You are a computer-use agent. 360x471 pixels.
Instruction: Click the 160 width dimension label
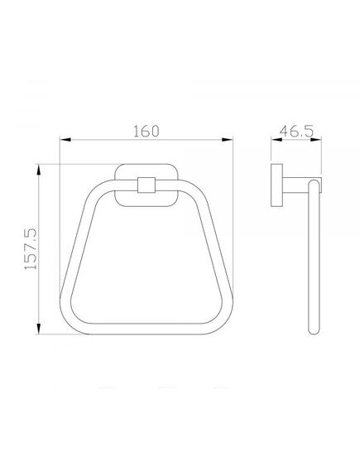click(146, 132)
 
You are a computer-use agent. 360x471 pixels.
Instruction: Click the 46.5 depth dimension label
click(296, 132)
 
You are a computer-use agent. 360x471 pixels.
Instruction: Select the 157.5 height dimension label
click(31, 249)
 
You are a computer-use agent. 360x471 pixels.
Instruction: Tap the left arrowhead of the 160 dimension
click(65, 140)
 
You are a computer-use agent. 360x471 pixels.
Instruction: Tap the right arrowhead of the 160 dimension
click(227, 140)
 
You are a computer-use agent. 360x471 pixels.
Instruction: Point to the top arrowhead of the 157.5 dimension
click(38, 170)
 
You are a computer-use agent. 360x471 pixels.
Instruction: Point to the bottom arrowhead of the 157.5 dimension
click(38, 329)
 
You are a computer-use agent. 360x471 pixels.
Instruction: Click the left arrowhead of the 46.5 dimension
click(276, 139)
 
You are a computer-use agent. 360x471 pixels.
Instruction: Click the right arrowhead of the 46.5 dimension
click(315, 139)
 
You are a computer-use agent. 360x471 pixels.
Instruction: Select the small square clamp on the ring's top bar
click(146, 185)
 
